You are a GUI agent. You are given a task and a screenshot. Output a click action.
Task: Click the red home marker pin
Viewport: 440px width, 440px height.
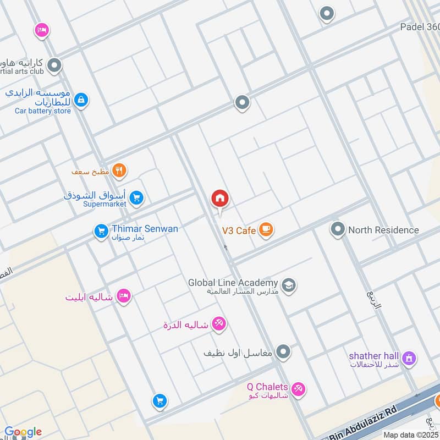point(220,199)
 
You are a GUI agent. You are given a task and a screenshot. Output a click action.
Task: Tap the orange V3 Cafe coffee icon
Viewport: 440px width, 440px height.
point(266,229)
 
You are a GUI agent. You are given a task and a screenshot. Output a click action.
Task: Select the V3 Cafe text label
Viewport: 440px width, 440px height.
point(239,230)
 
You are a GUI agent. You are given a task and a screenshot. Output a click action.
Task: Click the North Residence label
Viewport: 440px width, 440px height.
point(383,230)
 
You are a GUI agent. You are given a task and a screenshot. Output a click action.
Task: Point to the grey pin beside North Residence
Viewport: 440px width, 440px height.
point(338,229)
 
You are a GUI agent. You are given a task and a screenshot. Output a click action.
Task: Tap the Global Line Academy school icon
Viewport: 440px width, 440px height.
point(288,285)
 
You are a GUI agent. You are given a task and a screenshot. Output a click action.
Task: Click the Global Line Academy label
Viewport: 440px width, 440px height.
point(233,283)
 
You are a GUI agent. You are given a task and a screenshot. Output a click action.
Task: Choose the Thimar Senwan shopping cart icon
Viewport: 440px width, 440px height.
point(101,231)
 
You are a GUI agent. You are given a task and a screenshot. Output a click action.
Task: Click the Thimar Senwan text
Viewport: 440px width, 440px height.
point(145,229)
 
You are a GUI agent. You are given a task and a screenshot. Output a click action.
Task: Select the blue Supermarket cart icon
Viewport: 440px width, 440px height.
point(137,198)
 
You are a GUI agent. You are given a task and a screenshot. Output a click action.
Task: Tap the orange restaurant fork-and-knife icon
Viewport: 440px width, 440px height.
point(119,170)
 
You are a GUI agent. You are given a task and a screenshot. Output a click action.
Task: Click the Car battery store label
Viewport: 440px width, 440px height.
point(43,111)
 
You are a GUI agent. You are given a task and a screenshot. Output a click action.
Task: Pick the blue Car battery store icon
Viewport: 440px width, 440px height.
point(81,100)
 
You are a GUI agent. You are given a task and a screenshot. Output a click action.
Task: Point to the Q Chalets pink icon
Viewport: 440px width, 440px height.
point(298,389)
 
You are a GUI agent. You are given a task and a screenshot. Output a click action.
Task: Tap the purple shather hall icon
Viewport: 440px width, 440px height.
point(408,359)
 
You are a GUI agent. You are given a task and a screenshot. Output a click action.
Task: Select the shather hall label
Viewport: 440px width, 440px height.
point(374,356)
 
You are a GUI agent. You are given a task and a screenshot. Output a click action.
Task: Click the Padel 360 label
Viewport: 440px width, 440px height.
point(419,27)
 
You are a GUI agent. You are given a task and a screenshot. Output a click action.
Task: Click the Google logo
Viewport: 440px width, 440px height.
point(23,432)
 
